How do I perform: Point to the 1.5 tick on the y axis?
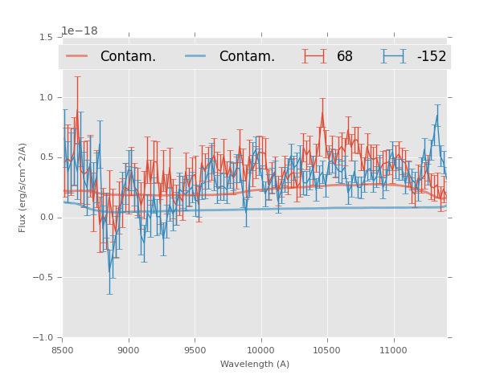pos(46,37)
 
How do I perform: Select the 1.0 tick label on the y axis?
pos(46,97)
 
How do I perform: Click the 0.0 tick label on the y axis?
pos(46,218)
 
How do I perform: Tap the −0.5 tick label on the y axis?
pos(43,278)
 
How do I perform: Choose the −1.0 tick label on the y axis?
pos(43,338)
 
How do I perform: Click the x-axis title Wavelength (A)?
pos(255,364)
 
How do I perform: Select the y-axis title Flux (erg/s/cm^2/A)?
pos(23,187)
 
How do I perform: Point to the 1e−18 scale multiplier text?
pos(80,31)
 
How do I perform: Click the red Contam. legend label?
pos(128,56)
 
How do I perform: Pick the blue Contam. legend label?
pos(247,56)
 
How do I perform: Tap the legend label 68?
pos(345,56)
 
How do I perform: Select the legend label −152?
pos(431,56)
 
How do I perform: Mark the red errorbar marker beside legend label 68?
pos(313,56)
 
